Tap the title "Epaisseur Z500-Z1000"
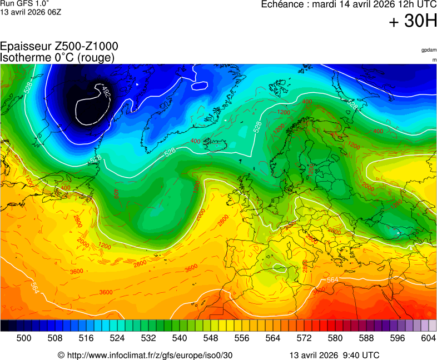click(x=59, y=47)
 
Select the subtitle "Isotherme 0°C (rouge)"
click(x=58, y=57)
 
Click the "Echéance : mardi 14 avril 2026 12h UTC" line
click(x=349, y=4)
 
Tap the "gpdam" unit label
click(x=428, y=51)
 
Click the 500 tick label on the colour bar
click(x=24, y=338)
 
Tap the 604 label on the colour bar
click(x=428, y=338)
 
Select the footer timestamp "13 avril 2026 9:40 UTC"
click(x=335, y=355)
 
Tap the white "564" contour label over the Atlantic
click(x=34, y=288)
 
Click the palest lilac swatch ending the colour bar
click(x=432, y=326)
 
